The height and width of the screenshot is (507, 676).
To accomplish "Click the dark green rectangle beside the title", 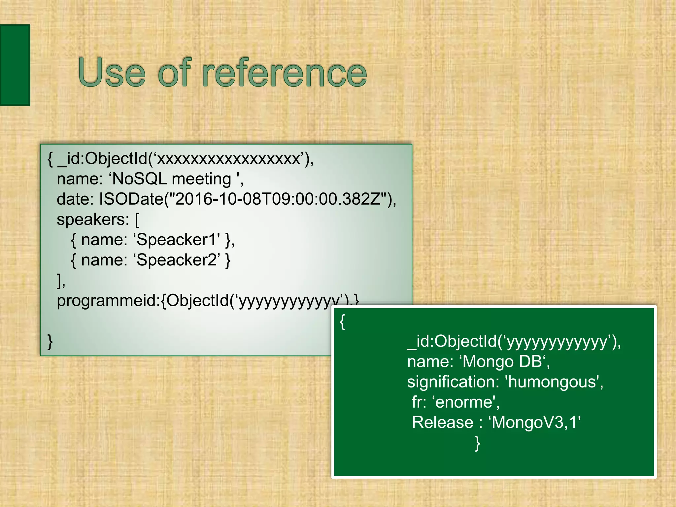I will (x=15, y=65).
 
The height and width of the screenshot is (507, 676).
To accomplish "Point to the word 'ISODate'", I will (x=131, y=199).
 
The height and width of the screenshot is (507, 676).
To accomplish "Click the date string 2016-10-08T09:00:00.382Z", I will (x=278, y=199).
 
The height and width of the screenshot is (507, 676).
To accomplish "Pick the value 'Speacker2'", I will (x=177, y=260).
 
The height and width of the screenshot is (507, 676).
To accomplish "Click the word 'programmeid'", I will (x=108, y=301).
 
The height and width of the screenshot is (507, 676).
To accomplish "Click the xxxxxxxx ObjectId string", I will (x=228, y=159).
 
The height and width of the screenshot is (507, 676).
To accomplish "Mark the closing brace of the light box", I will (x=50, y=341).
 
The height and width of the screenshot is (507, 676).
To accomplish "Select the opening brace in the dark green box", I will (x=343, y=321).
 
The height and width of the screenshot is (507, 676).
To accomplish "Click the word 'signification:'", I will (x=453, y=382).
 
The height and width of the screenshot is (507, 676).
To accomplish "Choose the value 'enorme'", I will (x=464, y=402).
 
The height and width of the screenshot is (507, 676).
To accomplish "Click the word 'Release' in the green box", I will (x=443, y=422).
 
